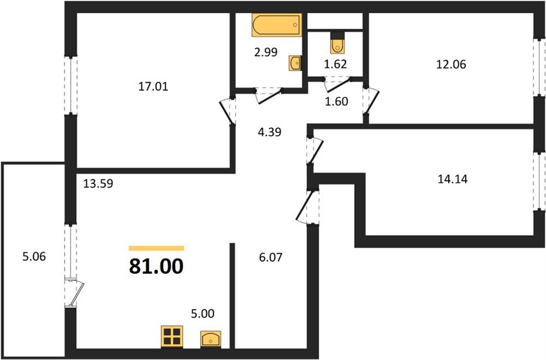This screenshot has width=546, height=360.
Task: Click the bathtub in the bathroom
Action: pos(277,25)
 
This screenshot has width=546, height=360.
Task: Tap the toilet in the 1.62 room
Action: pos(337,43)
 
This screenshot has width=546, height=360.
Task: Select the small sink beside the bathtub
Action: pos(295,63)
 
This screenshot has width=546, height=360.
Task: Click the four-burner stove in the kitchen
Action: pos(172,337)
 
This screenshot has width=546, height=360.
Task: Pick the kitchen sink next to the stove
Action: pos(211,339)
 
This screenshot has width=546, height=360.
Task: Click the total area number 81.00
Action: pos(156,266)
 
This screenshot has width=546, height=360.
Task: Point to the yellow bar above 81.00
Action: pos(157,248)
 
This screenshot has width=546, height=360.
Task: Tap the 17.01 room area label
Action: pos(153,86)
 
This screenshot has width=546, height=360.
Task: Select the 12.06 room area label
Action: pos(451,64)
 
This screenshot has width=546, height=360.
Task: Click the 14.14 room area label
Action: pos(452,179)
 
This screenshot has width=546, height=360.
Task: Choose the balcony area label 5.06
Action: pos(34,257)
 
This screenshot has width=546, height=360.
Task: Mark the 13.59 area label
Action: pos(98,184)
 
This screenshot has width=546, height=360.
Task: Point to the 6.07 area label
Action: pos(271,257)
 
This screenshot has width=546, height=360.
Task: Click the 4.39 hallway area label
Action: pos(269,132)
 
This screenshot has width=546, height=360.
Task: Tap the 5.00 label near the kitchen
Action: pos(203,314)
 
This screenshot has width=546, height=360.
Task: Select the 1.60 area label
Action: pos(337,101)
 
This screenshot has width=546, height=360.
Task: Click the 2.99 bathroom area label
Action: pos(266,52)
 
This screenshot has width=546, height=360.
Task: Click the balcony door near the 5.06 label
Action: pos(74,292)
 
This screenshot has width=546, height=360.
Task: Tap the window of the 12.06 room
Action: pos(539,67)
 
